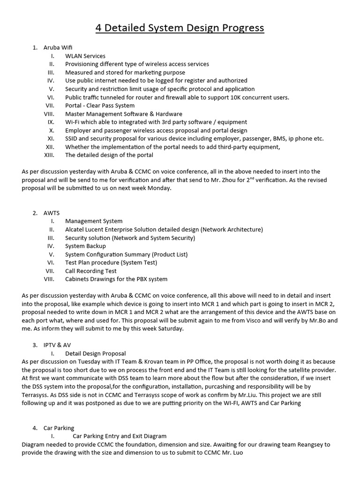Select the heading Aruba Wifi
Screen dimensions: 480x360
[x=58, y=47]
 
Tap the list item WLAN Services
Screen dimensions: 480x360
[x=85, y=56]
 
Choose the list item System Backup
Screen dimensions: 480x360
[x=85, y=246]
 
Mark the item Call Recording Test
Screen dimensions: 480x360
[x=91, y=271]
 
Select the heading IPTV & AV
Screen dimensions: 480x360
[x=57, y=345]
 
